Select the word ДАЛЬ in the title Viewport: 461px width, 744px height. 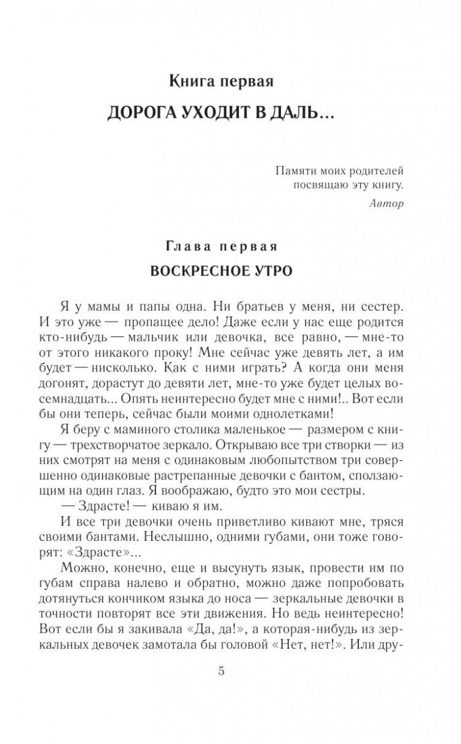click(x=302, y=115)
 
